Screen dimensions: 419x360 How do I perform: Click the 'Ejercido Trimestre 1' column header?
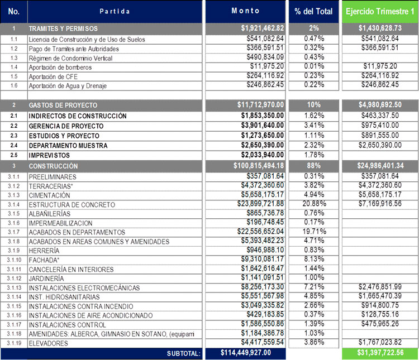(380, 11)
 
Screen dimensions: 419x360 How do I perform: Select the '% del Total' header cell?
(313, 11)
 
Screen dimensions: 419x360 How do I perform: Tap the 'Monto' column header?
(245, 11)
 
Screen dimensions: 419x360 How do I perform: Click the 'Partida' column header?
(115, 11)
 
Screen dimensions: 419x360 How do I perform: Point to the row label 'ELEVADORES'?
(49, 343)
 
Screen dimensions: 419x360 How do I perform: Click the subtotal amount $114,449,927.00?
(246, 353)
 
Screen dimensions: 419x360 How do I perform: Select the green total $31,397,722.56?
(380, 353)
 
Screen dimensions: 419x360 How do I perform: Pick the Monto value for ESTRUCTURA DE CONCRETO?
(260, 204)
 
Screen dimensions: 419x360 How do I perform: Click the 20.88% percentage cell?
(314, 204)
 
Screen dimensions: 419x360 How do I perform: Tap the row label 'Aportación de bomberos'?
(60, 68)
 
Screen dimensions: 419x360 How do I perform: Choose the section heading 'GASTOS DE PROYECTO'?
(63, 105)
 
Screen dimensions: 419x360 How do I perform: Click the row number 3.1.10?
(14, 260)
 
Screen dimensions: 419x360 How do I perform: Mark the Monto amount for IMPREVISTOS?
(263, 155)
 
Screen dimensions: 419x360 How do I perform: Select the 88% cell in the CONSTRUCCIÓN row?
(314, 166)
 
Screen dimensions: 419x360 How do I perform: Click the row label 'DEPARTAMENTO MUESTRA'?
(68, 146)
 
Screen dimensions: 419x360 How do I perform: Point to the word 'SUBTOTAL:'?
(184, 354)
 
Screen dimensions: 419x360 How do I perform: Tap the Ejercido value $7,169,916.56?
(380, 204)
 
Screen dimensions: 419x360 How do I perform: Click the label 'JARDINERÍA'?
(46, 279)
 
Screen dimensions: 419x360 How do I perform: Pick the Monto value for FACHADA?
(263, 259)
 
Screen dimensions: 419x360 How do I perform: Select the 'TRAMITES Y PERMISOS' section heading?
(63, 28)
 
